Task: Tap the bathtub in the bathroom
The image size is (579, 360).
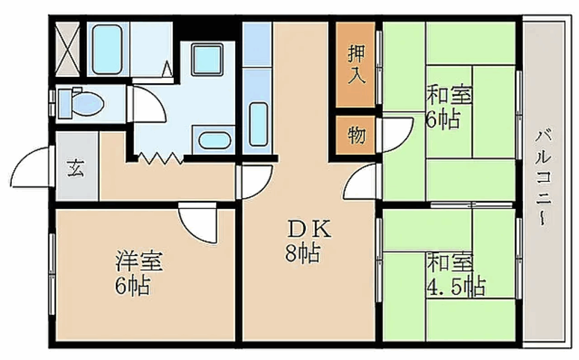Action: [x=107, y=50]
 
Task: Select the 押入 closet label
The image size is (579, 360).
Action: [x=356, y=64]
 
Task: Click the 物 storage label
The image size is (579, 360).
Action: [x=356, y=135]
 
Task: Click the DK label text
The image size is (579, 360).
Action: [x=309, y=230]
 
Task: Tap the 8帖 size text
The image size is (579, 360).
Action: [x=303, y=253]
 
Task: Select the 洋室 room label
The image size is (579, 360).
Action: [x=139, y=262]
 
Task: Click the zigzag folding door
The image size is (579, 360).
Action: [x=160, y=158]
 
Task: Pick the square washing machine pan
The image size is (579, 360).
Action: [x=206, y=59]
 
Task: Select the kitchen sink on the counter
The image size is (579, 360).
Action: [x=258, y=124]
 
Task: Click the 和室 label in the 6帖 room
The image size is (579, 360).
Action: [x=450, y=94]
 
